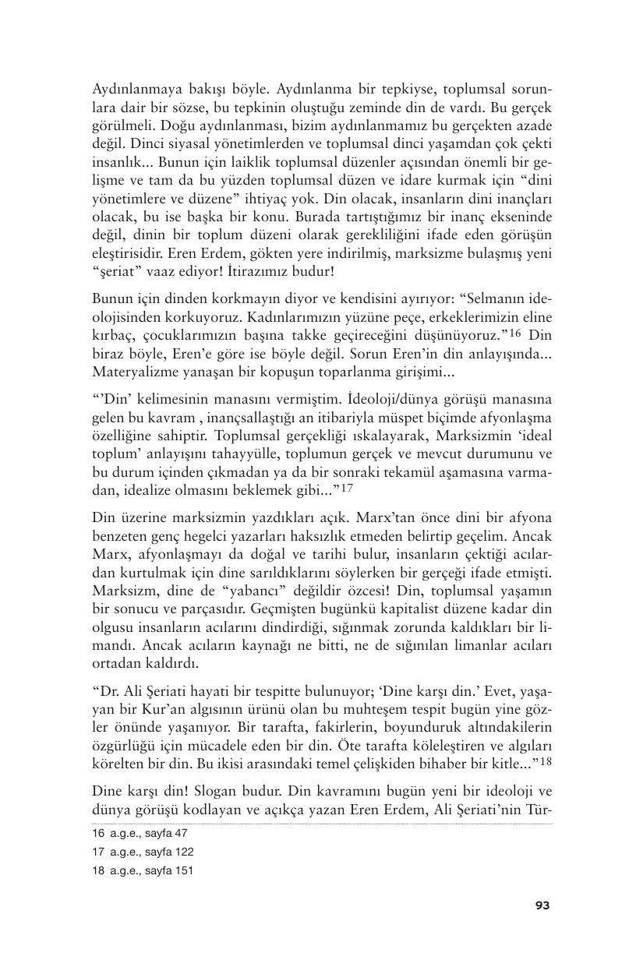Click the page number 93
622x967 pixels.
coord(542,905)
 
